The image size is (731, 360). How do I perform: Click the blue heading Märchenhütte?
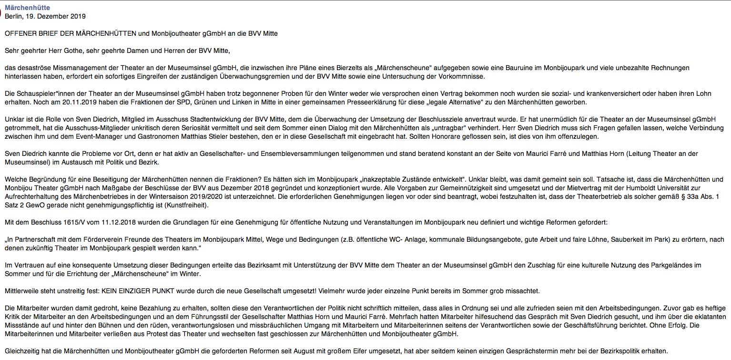pos(27,8)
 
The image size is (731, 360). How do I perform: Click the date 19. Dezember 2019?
pos(56,16)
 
